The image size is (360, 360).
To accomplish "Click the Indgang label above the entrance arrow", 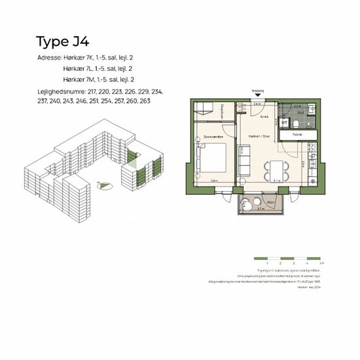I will [257, 92].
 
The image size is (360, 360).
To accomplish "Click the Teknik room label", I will [297, 134].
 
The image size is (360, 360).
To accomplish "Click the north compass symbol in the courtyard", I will [101, 186].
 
